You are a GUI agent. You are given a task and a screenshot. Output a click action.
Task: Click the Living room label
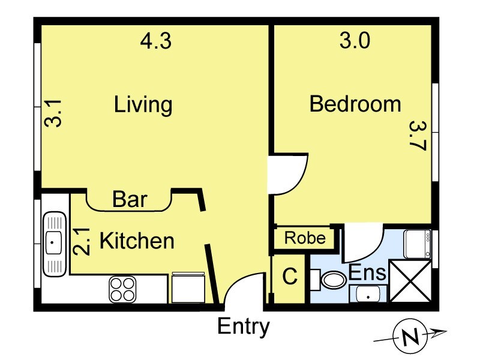(143, 104)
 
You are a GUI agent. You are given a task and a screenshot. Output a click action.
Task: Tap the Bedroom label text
(355, 104)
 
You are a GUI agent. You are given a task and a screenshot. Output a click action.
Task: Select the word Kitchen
(137, 241)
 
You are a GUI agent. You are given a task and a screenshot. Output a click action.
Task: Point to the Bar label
(130, 199)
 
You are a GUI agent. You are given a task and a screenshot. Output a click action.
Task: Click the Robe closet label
(305, 238)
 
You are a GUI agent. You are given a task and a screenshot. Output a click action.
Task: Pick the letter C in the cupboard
(290, 276)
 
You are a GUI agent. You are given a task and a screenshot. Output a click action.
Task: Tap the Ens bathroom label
(367, 272)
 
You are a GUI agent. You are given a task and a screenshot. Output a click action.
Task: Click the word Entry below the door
(244, 327)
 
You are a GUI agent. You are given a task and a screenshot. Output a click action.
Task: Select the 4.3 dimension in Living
(156, 41)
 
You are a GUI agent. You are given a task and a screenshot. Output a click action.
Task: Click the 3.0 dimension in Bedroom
(355, 41)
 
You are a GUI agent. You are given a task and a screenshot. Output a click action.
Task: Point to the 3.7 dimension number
(417, 136)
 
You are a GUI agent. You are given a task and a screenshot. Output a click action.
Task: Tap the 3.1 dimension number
(53, 113)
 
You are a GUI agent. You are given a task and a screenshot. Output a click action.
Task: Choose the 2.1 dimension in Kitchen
(82, 242)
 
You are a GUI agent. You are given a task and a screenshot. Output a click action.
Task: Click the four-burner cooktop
(122, 289)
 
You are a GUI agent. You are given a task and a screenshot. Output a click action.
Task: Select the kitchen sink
(55, 244)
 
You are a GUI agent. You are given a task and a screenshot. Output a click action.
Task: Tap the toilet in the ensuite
(329, 280)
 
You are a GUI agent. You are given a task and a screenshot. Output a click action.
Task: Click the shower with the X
(410, 281)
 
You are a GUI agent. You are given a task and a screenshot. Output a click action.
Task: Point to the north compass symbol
(410, 336)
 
